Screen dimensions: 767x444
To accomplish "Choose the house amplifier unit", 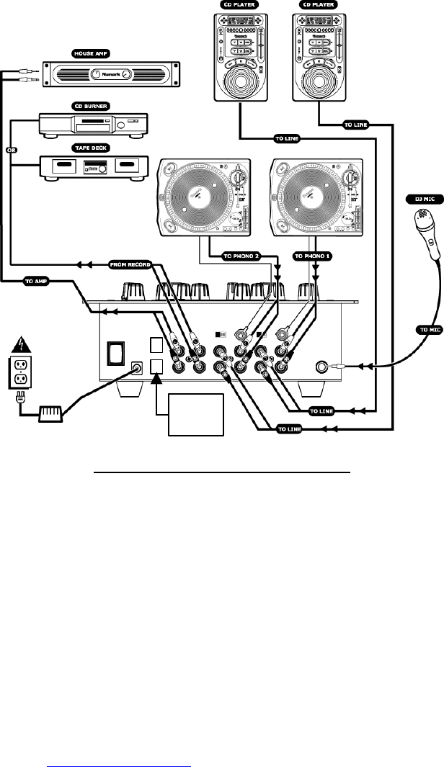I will (x=110, y=74).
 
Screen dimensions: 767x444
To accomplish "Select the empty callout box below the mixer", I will (x=195, y=414).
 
